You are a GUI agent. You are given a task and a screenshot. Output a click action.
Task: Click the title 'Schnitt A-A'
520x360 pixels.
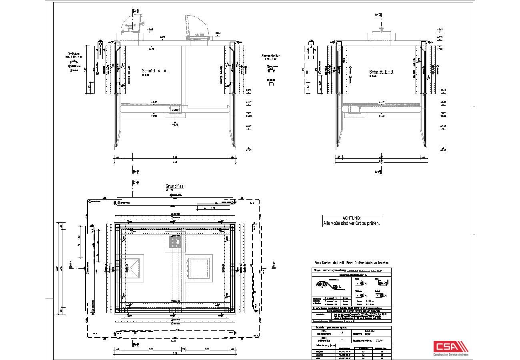pos(154,71)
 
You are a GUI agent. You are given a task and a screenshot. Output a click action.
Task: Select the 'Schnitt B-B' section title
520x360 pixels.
pos(381,72)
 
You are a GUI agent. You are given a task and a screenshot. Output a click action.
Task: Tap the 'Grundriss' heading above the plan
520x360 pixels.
pos(174,186)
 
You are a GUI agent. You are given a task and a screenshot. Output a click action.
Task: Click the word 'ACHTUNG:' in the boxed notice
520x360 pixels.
pos(352,218)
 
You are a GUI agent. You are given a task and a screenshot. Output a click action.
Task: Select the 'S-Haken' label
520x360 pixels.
pos(75,53)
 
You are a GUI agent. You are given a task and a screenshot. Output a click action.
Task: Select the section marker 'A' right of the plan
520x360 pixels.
pos(274,264)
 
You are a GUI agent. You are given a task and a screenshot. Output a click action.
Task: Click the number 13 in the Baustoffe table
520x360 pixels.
pos(341,333)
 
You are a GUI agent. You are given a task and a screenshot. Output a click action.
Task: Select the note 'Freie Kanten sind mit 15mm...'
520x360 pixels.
pos(352,263)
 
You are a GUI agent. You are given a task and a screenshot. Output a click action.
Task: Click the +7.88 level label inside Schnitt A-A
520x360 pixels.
pos(151,48)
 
